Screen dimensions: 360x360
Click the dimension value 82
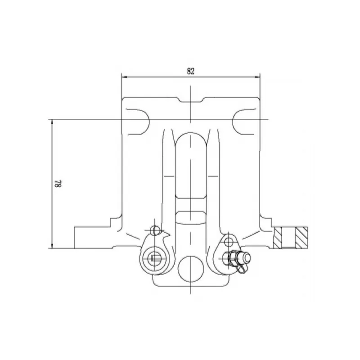190,71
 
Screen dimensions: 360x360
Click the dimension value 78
58,184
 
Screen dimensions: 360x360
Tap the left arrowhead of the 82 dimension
124,77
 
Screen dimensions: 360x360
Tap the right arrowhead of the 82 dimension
257,77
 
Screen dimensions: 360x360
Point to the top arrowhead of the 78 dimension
52,122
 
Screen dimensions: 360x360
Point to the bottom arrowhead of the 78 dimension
52,245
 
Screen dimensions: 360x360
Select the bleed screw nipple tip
247,257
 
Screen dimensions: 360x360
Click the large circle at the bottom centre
191,269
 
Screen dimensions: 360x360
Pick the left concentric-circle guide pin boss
154,258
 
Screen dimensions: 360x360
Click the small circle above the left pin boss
155,230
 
